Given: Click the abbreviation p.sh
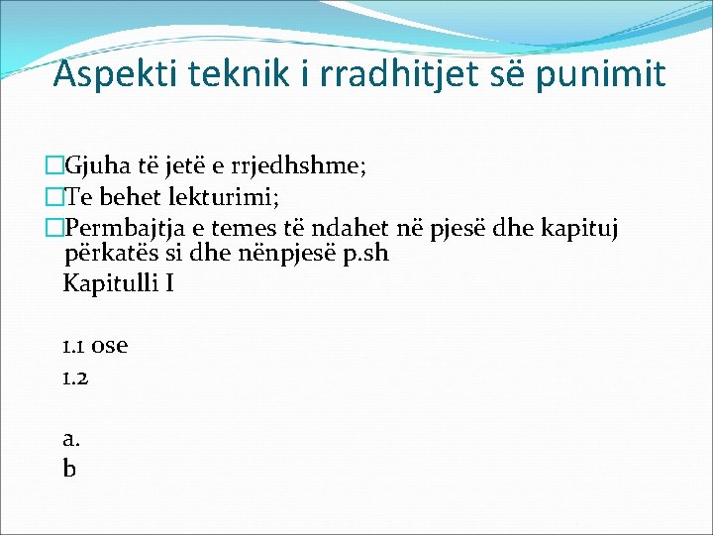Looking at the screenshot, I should point(363,253).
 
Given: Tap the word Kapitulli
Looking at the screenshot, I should point(108,284).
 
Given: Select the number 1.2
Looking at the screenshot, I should point(75,377).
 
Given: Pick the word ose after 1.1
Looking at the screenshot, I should point(109,347).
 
